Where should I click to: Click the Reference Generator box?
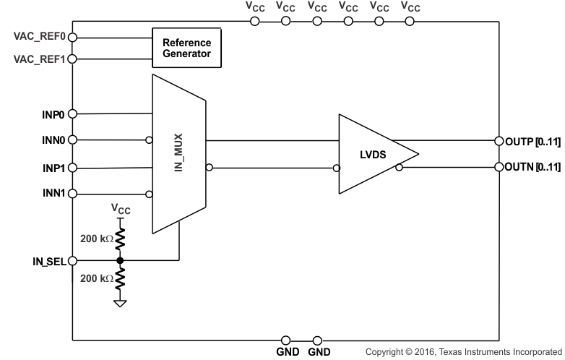click(x=186, y=48)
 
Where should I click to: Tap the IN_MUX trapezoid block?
click(x=178, y=154)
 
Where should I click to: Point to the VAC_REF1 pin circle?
click(x=72, y=59)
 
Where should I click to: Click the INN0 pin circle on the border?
click(x=72, y=140)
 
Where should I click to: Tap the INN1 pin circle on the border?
click(x=72, y=194)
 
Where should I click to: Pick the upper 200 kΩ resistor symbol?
click(x=121, y=239)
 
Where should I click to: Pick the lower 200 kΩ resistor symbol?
click(x=121, y=279)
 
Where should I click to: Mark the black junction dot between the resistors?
click(x=121, y=260)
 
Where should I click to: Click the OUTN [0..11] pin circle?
click(x=499, y=167)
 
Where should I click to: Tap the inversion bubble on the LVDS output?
click(x=398, y=167)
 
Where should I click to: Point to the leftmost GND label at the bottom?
click(x=285, y=351)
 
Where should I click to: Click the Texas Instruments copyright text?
click(x=463, y=351)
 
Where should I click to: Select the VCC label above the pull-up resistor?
click(x=121, y=209)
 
